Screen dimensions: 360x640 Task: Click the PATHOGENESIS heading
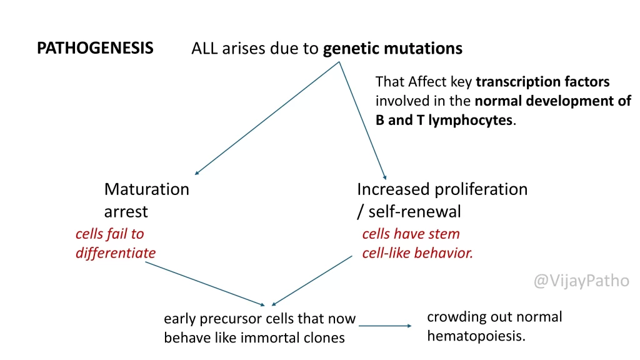point(95,48)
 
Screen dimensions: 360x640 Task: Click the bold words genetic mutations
point(392,49)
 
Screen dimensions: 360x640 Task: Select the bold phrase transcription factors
point(542,82)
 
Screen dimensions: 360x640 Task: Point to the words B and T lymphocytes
point(444,121)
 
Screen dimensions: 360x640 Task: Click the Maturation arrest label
point(146,200)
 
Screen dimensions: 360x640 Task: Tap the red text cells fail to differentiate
point(115,244)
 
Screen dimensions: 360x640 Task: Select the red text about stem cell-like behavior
point(417,244)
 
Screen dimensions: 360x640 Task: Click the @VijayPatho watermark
point(581,281)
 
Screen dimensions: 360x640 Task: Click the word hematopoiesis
point(476,336)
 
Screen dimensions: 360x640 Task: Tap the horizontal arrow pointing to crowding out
point(384,326)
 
